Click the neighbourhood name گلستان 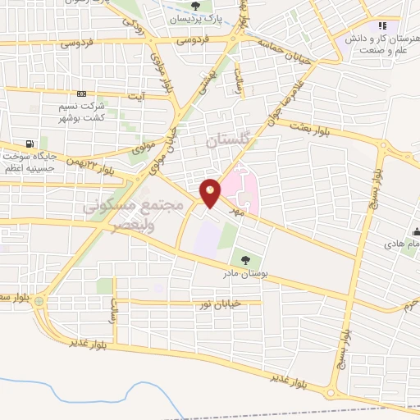pos(226,141)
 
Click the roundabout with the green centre pos(39,302)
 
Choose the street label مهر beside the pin pos(240,212)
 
